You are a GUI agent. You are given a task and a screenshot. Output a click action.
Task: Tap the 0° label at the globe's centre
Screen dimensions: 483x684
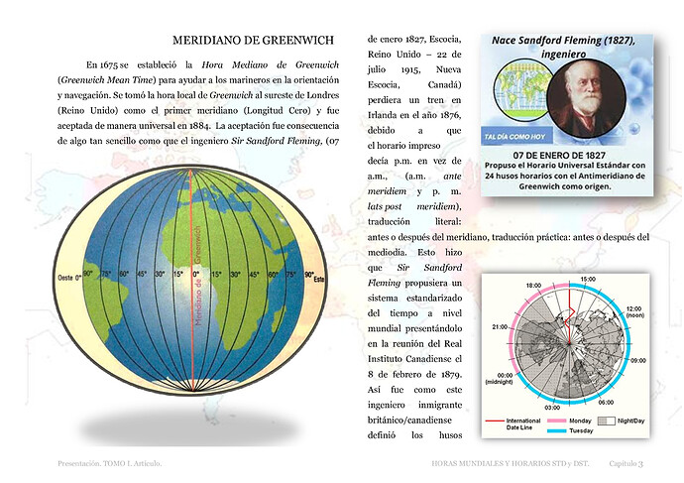[195, 274]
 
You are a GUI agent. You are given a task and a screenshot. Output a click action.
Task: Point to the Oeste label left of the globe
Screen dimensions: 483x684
[68, 277]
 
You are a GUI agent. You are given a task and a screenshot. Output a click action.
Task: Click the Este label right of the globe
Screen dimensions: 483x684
[320, 279]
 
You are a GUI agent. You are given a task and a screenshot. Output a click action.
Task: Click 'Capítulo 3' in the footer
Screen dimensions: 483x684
[626, 463]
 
